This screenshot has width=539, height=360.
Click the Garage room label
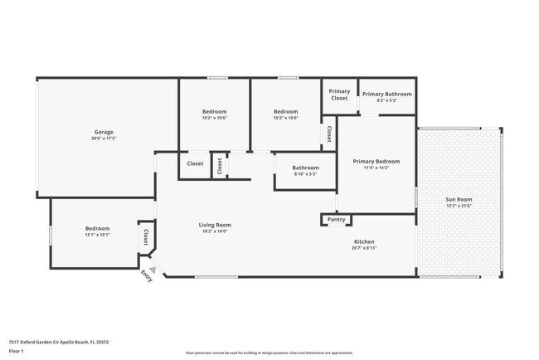coord(103,132)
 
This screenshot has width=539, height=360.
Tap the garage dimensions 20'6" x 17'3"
coord(103,139)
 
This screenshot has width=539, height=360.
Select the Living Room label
coord(214,225)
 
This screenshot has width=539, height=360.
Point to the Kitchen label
coord(364,241)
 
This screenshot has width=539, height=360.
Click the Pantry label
coord(336,220)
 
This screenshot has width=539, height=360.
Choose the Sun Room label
coord(459,199)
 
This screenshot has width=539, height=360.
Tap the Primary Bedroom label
coord(376,161)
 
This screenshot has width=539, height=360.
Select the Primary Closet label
coord(339,95)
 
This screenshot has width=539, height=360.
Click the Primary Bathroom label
coord(386,95)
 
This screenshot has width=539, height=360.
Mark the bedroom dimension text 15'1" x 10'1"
coord(97,235)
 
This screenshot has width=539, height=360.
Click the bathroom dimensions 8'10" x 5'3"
coord(305,174)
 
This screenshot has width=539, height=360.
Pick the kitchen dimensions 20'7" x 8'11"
coord(364,248)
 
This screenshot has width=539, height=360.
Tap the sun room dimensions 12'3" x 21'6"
coord(459,206)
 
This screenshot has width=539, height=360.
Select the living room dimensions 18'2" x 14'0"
coord(214,231)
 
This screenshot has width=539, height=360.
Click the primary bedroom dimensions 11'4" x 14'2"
coord(376,168)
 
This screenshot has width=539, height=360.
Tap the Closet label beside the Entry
coord(146,237)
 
